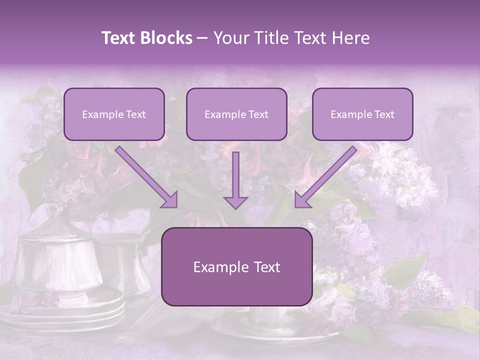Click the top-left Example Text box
(x=114, y=114)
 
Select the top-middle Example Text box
(x=236, y=114)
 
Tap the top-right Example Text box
(x=362, y=114)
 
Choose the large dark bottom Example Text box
(x=236, y=267)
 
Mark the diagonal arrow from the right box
(x=325, y=177)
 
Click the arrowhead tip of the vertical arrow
(x=235, y=207)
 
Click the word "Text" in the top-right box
(x=384, y=114)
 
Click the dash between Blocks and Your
(x=202, y=38)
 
